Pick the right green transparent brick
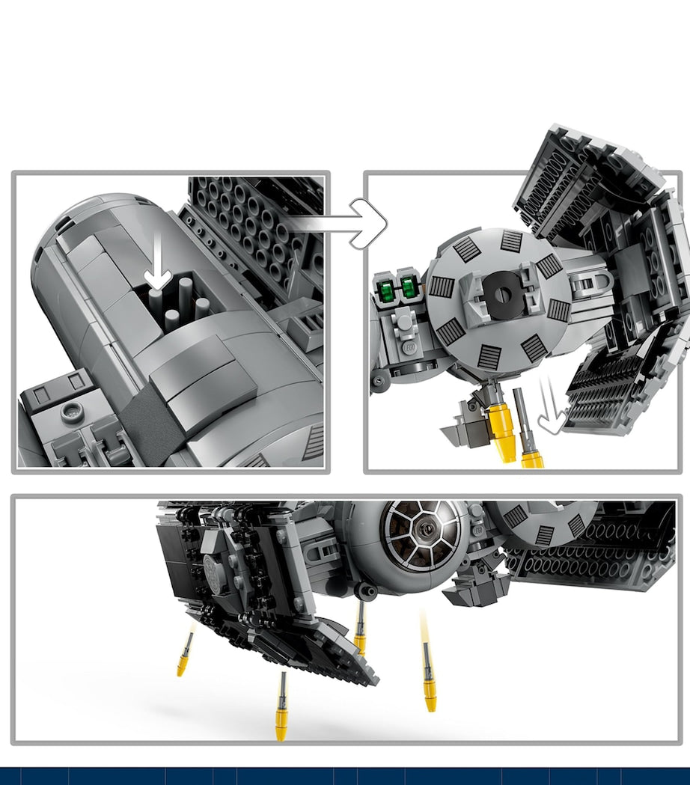(x=409, y=287)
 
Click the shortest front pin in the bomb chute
(x=171, y=320)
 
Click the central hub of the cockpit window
(x=424, y=529)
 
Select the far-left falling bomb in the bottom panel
(x=184, y=653)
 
